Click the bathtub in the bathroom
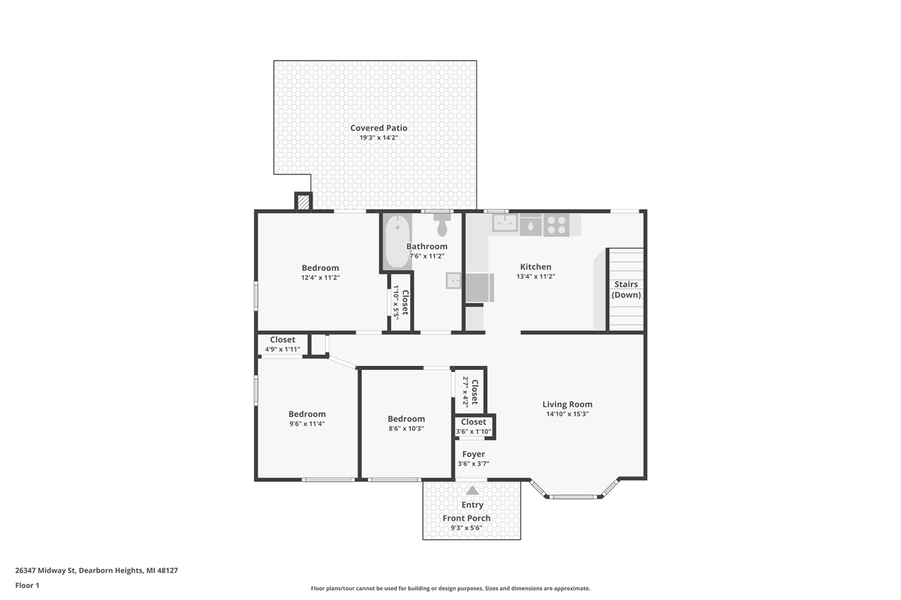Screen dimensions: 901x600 pyautogui.click(x=398, y=242)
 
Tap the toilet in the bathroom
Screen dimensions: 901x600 pyautogui.click(x=442, y=225)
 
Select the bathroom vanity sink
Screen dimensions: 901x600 pyautogui.click(x=454, y=281)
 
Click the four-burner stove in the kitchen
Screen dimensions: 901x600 pyautogui.click(x=556, y=225)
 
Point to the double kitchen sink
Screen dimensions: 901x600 pyautogui.click(x=505, y=223)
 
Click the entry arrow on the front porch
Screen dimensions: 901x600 pyautogui.click(x=472, y=490)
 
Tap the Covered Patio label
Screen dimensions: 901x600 pyautogui.click(x=379, y=128)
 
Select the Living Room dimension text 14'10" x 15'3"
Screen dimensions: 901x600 pyautogui.click(x=567, y=414)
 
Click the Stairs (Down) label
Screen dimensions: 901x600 pyautogui.click(x=626, y=289)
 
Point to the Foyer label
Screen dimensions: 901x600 pyautogui.click(x=474, y=454)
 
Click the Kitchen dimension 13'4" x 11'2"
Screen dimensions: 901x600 pyautogui.click(x=536, y=276)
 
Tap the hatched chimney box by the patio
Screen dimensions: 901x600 pyautogui.click(x=303, y=202)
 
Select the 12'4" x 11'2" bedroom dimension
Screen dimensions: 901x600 pyautogui.click(x=320, y=277)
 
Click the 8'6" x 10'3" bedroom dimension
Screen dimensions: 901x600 pyautogui.click(x=406, y=428)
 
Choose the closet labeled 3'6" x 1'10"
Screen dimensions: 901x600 pyautogui.click(x=474, y=427)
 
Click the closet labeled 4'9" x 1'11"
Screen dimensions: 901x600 pyautogui.click(x=282, y=345)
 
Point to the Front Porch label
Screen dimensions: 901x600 pyautogui.click(x=467, y=518)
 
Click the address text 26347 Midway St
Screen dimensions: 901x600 pyautogui.click(x=46, y=570)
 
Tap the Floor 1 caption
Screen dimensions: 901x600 pyautogui.click(x=27, y=585)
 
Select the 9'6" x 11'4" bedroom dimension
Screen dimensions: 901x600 pyautogui.click(x=307, y=423)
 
